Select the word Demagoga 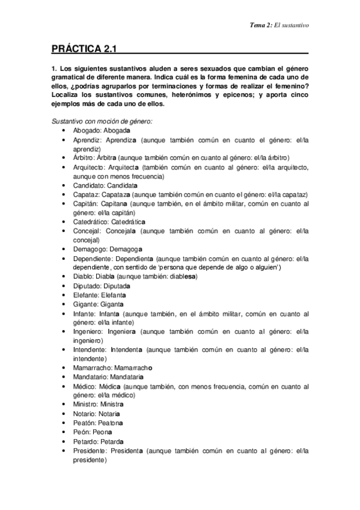click(126, 249)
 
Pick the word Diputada click(117, 286)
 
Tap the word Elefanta click(113, 295)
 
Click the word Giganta click(113, 304)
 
